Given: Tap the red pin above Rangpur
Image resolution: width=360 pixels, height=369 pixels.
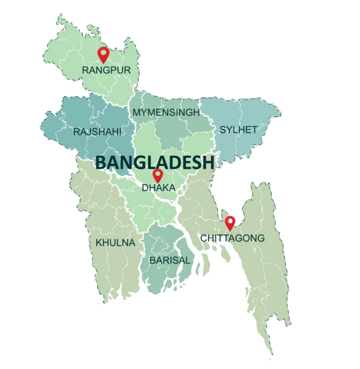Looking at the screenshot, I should point(104,55).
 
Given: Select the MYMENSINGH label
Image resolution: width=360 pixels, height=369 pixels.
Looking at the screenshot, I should point(166,113).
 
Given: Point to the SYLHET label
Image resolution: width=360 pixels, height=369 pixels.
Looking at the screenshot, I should point(238,129).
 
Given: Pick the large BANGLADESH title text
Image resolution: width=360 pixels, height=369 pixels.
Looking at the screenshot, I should point(155,162).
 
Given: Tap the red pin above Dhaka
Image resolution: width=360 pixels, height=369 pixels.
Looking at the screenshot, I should point(158,175).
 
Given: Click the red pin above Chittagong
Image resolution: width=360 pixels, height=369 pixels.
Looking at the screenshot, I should point(230,223).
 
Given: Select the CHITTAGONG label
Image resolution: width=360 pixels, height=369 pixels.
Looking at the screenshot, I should point(232,238).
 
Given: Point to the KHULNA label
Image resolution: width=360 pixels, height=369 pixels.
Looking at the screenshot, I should point(115,242).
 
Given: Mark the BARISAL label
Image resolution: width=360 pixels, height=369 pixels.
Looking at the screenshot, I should point(169,259).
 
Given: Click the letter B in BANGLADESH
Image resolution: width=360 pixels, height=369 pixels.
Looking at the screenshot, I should point(101,162).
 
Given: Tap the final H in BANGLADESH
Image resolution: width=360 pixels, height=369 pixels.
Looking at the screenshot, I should point(208,162).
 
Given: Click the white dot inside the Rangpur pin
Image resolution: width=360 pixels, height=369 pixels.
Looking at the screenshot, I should point(104,52).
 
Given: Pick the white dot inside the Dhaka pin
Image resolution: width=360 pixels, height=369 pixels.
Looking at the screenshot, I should point(158,173).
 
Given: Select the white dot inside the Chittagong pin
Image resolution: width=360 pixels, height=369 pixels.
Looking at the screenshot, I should point(230,220).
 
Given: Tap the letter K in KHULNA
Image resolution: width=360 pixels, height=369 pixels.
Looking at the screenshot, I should point(99,242).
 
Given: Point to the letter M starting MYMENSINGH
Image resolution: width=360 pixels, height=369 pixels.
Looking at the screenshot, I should point(136,113).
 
